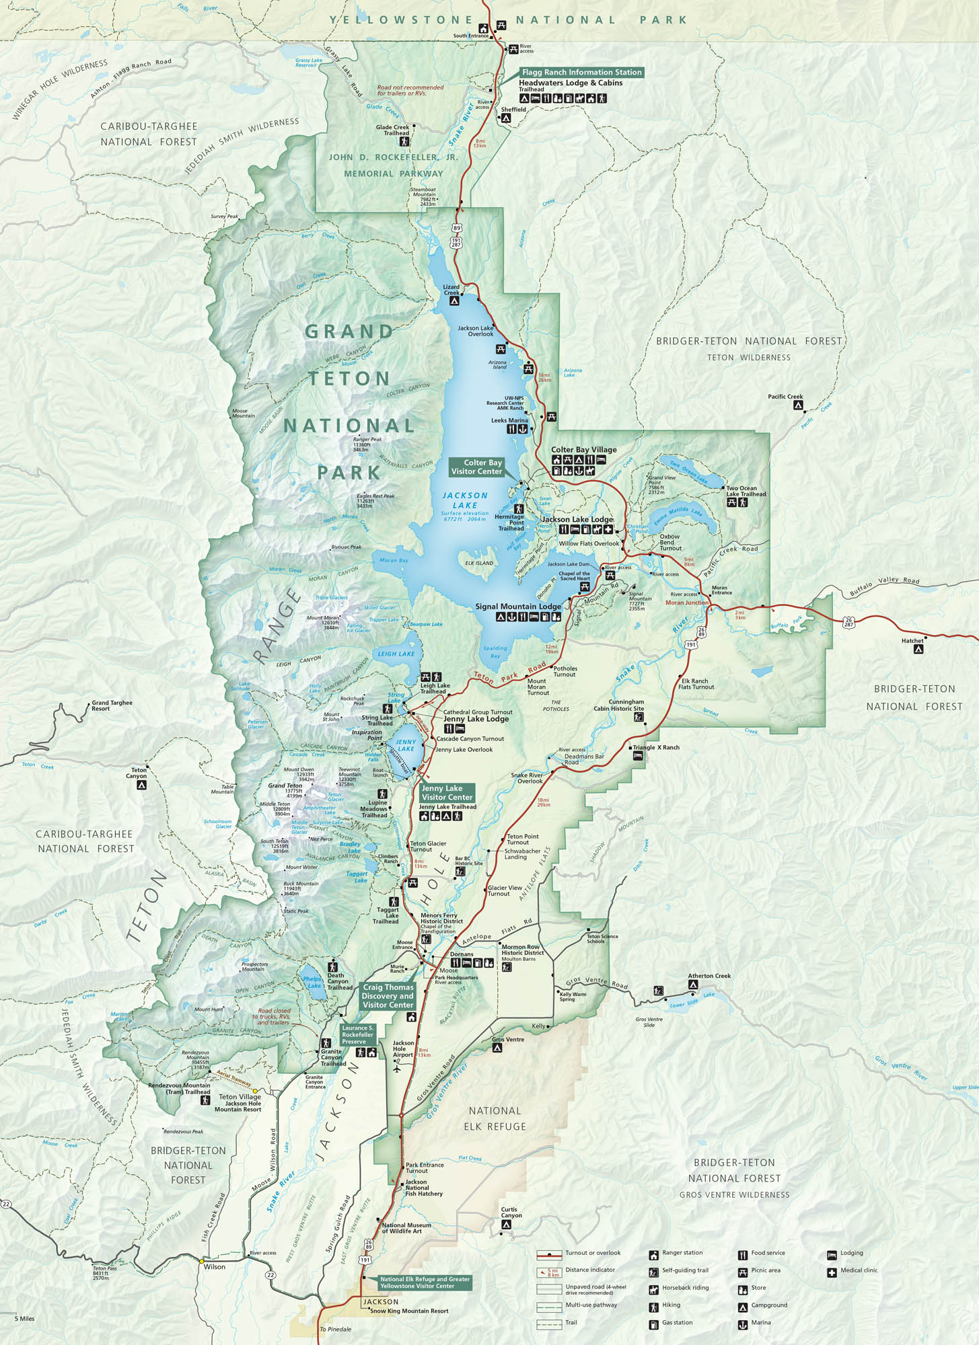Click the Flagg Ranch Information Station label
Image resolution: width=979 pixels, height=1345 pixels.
[581, 72]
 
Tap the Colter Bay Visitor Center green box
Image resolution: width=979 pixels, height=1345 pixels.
[476, 467]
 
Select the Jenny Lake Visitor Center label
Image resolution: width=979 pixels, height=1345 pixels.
[447, 792]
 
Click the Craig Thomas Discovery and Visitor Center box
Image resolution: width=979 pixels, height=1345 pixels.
[388, 996]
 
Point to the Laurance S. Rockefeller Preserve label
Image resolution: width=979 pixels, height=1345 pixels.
[357, 1035]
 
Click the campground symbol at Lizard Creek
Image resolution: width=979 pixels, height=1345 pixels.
[454, 301]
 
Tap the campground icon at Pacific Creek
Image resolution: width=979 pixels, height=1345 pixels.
[797, 406]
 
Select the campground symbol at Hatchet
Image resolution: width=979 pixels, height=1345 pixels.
[918, 649]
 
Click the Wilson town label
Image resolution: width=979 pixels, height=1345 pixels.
[215, 1267]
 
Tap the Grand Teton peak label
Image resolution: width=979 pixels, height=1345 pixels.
[285, 785]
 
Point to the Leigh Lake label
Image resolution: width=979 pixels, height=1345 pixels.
[396, 654]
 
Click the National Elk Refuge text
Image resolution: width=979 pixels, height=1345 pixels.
[495, 1118]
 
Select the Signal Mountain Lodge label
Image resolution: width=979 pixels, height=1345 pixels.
[517, 607]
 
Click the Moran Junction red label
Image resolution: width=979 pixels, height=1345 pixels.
[687, 603]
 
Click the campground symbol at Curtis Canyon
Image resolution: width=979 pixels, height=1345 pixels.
[507, 1225]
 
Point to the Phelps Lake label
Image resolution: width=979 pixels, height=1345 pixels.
[312, 983]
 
